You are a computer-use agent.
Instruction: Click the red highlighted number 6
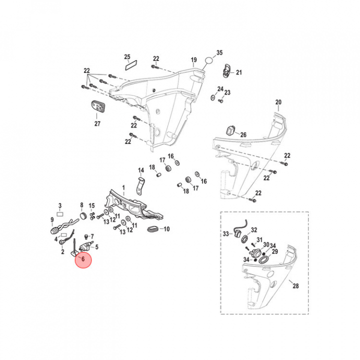point(83,259)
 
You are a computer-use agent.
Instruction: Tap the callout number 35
point(219,52)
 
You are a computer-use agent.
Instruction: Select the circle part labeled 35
point(208,61)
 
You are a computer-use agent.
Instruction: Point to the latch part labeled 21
point(226,71)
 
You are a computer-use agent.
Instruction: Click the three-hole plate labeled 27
point(96,107)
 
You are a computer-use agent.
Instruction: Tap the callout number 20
point(278,102)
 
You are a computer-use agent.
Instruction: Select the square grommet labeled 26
point(230,130)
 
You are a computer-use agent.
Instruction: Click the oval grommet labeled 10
point(152,229)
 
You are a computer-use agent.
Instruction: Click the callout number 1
point(123,188)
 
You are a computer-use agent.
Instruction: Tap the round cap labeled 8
point(83,216)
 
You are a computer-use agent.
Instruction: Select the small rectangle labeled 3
point(60,214)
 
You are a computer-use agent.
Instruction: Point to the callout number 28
point(295,286)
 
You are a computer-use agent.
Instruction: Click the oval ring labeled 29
point(263,260)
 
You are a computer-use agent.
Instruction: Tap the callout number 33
point(226,234)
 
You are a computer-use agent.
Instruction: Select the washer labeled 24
point(213,97)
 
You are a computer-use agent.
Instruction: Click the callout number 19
point(194,60)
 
